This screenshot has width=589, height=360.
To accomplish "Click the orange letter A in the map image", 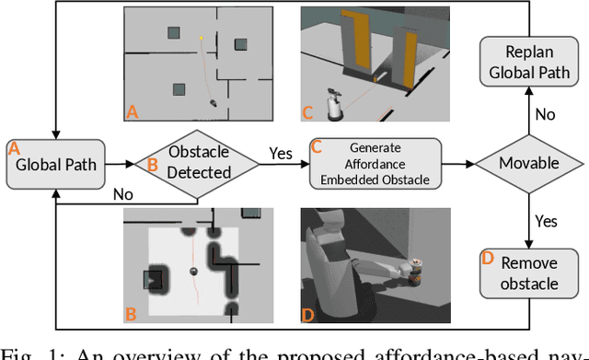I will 132,112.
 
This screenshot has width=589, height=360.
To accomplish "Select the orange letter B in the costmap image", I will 131,314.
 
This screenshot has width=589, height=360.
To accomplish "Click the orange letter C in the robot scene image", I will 307,113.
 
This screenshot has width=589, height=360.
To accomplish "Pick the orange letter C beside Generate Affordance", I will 315,146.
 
